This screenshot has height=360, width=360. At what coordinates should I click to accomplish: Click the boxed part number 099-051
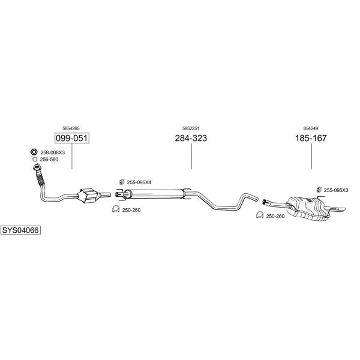71,139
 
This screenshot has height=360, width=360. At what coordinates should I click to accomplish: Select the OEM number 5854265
71,128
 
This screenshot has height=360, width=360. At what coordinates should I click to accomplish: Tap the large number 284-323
191,139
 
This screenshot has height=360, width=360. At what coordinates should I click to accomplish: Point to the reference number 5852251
191,128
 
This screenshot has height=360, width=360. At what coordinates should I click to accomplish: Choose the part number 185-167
311,139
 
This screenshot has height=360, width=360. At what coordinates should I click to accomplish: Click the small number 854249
311,128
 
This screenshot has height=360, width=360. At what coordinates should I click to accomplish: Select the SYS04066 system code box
20,230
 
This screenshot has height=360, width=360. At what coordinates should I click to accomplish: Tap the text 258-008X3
53,152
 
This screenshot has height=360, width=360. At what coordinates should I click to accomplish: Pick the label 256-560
49,160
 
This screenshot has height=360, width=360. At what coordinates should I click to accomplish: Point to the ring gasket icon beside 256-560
34,160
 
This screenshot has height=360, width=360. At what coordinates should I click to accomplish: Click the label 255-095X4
139,182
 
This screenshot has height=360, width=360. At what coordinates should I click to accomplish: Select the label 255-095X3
336,190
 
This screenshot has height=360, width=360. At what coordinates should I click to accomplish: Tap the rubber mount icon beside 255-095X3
319,190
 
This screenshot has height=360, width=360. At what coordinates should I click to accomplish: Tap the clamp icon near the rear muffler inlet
260,215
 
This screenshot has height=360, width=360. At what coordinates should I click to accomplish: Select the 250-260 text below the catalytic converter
131,209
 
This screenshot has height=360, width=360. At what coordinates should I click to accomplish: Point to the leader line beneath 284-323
191,157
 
